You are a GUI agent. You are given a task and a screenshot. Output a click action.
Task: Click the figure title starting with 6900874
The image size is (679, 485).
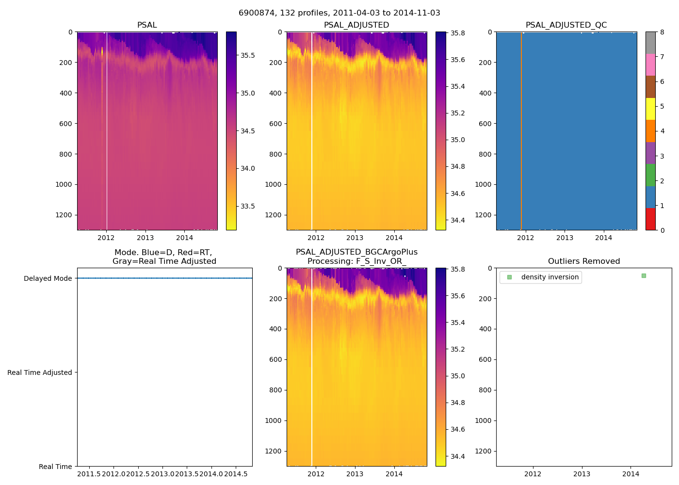click(x=339, y=13)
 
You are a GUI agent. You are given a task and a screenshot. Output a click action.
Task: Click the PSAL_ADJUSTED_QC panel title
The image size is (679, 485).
click(x=566, y=25)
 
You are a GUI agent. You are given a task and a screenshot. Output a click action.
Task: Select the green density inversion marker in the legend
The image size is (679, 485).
click(x=509, y=277)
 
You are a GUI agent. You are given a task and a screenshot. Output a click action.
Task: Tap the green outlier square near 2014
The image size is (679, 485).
click(x=644, y=275)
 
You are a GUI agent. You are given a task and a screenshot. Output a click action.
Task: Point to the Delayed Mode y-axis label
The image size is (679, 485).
click(x=48, y=278)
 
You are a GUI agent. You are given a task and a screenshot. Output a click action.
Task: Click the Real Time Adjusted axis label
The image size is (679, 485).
click(x=39, y=372)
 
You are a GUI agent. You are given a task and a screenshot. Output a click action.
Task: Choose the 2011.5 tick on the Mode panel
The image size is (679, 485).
click(x=89, y=474)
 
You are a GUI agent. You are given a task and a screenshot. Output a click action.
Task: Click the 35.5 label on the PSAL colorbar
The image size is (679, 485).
click(x=248, y=55)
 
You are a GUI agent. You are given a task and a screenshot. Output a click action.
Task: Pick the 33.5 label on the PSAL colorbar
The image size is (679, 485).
click(x=248, y=206)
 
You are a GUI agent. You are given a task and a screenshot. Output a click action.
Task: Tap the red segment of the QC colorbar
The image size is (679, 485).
click(x=650, y=219)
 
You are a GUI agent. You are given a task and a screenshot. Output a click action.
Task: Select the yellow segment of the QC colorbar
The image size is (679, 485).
click(x=650, y=109)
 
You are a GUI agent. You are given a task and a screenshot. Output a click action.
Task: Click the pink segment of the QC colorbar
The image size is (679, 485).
click(x=650, y=65)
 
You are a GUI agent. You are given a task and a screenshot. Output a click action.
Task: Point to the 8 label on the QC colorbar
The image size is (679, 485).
click(x=662, y=32)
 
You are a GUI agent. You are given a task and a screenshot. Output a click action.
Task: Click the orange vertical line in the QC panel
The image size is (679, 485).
click(x=521, y=131)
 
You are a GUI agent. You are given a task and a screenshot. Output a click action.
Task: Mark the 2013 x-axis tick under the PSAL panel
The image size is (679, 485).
click(x=145, y=238)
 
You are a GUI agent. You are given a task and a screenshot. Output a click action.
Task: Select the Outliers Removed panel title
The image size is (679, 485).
click(x=583, y=261)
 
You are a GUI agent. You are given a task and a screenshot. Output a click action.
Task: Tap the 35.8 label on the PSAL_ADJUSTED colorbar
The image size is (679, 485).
click(x=457, y=33)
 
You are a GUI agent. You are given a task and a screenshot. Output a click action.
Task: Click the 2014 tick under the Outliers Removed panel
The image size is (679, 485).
click(x=630, y=474)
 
